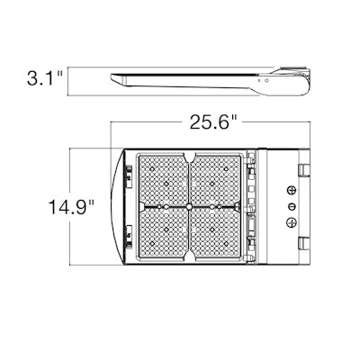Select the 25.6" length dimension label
213,123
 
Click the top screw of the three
292,191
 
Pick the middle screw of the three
292,207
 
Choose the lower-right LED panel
216,234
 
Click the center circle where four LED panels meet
189,208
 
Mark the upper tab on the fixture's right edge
307,169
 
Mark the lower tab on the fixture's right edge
307,244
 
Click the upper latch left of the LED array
130,172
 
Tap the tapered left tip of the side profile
112,76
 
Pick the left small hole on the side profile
259,78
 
